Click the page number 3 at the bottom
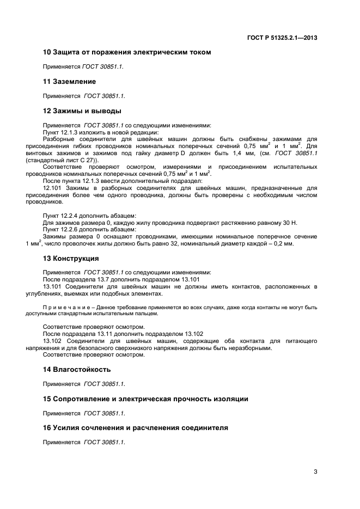315,472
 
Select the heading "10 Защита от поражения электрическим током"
127,52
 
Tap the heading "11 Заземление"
69,82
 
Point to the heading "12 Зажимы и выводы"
82,111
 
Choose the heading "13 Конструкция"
71,258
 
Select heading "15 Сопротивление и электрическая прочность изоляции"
145,399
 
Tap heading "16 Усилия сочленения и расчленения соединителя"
135,428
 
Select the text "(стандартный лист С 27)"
71,161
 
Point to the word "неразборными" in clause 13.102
251,348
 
